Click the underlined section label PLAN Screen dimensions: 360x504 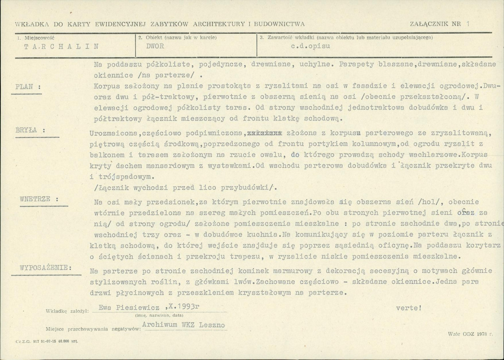[26, 87]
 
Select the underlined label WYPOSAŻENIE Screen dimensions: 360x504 [46, 268]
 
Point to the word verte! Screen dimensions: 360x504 [408, 307]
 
